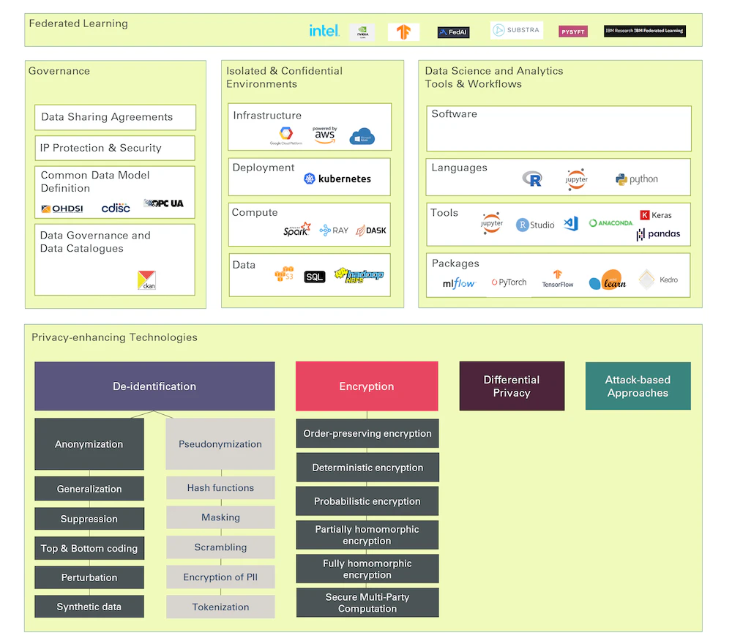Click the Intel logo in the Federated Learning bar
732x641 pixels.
(324, 31)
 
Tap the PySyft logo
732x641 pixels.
(572, 31)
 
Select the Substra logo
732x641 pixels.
(516, 31)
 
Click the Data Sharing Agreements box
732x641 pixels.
(115, 117)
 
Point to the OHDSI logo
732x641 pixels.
(62, 209)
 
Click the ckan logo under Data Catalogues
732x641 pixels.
(146, 280)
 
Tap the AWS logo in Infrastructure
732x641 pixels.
(324, 135)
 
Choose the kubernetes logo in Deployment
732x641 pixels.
(337, 179)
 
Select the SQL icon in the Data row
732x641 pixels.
(314, 277)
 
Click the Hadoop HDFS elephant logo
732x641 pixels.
(359, 276)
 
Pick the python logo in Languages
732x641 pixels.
(637, 179)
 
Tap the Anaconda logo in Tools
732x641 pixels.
(610, 223)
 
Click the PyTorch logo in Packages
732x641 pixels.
(509, 282)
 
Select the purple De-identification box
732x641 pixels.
(154, 386)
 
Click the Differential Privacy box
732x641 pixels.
(512, 386)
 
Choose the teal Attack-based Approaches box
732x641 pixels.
(638, 386)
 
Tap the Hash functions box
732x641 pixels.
(220, 488)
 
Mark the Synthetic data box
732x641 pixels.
(89, 607)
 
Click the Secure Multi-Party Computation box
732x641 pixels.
(367, 603)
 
